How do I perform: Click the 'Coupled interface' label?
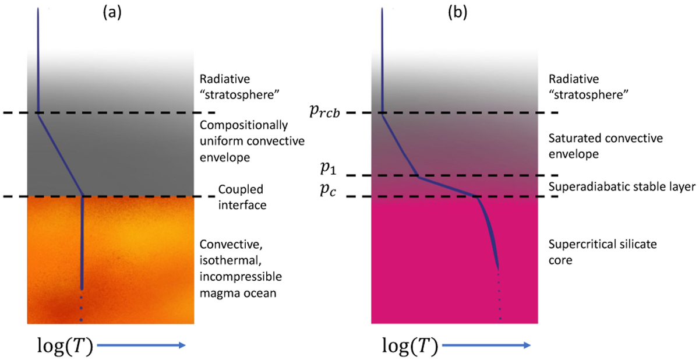click(241, 197)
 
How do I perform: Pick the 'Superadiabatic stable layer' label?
click(620, 187)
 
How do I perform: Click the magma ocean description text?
click(237, 269)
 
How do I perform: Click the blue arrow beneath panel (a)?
click(142, 345)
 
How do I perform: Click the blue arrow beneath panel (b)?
click(486, 345)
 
